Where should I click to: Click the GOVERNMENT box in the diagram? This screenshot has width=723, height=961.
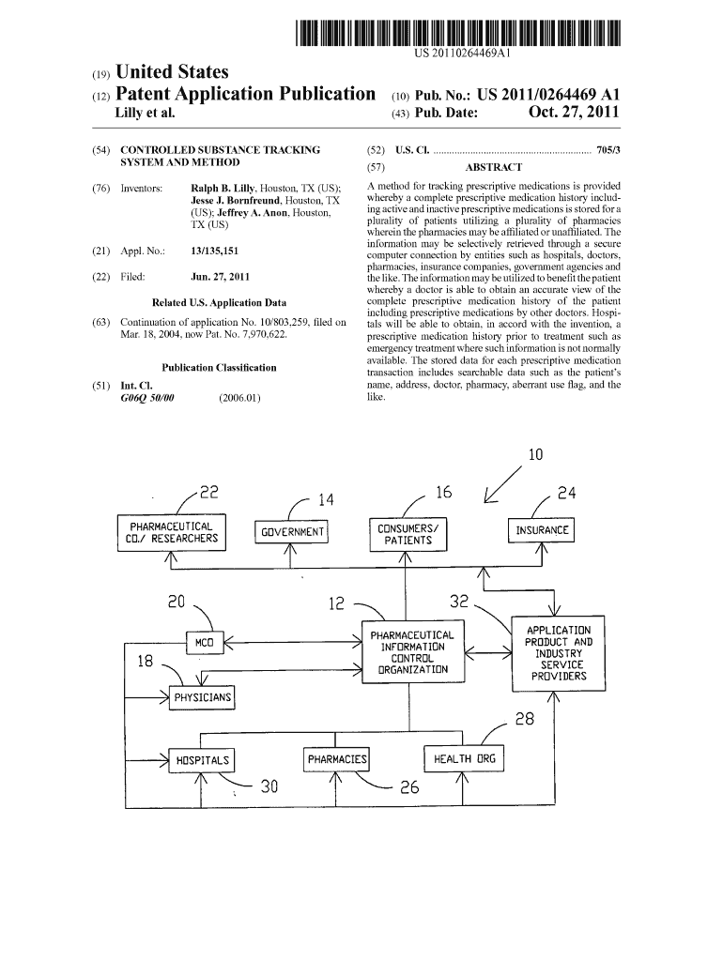click(x=292, y=532)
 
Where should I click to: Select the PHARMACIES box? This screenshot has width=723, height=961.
click(x=337, y=759)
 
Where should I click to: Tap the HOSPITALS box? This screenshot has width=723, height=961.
click(x=201, y=760)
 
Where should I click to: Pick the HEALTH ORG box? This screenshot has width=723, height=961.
click(x=464, y=758)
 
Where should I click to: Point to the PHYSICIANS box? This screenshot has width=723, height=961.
click(x=201, y=698)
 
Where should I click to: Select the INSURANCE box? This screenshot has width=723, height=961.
click(x=542, y=530)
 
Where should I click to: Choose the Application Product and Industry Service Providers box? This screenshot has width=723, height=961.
click(x=558, y=653)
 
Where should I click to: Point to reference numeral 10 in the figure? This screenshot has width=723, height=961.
click(x=535, y=456)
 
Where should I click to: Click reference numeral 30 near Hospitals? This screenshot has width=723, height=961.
click(x=269, y=787)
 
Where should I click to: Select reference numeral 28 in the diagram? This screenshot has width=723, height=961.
click(x=524, y=721)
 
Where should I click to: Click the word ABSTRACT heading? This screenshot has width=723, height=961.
click(x=494, y=168)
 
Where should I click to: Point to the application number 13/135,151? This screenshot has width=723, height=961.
click(x=213, y=252)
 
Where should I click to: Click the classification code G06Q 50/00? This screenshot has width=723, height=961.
click(x=147, y=398)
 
